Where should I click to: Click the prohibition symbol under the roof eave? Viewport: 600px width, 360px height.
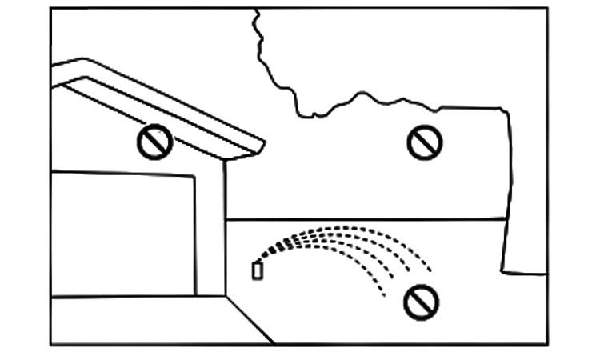pos(154,142)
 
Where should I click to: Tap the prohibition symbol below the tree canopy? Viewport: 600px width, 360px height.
pos(424,142)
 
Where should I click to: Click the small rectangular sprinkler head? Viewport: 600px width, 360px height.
pos(257,270)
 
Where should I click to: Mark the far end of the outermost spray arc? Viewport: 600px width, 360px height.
pos(432,270)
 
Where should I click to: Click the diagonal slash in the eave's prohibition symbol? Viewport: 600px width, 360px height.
pos(154,142)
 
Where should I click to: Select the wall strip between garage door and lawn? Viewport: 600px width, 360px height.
pos(210,232)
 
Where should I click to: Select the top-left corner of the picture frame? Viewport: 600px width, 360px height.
pos(51,9)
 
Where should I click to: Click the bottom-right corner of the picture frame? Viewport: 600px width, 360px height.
pos(547,345)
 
